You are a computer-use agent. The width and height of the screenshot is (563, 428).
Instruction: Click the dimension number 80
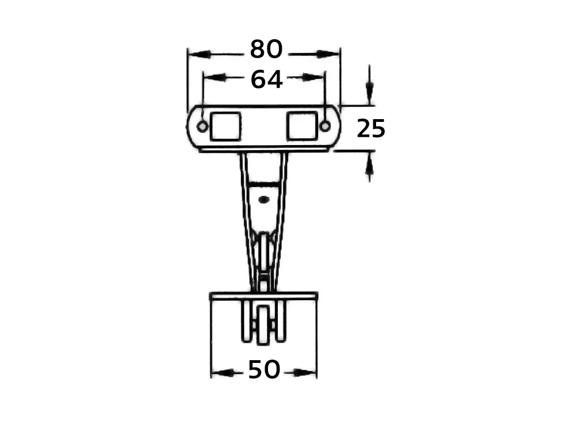tap(266, 49)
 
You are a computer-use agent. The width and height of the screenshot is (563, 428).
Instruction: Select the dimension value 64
tap(266, 80)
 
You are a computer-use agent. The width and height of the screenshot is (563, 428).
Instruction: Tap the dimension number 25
tap(371, 129)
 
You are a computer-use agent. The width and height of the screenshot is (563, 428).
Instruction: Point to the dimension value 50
tap(264, 370)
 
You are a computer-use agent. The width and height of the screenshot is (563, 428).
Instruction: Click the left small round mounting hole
tap(202, 126)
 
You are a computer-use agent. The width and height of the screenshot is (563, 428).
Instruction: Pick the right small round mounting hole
tap(325, 126)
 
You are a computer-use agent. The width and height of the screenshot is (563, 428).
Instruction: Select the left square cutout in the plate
tap(225, 126)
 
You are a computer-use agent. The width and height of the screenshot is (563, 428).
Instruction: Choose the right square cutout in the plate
tap(302, 126)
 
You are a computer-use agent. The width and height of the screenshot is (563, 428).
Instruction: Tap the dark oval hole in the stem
tap(264, 199)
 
